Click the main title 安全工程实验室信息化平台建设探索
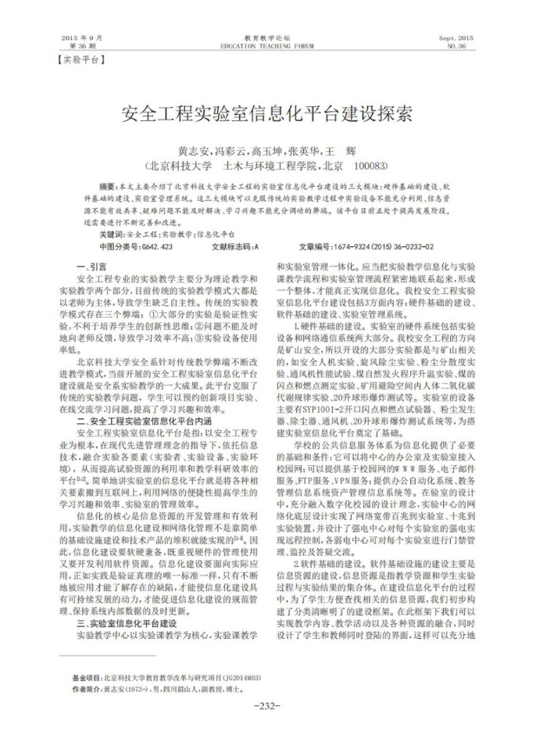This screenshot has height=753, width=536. (267, 114)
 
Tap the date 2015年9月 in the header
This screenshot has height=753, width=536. (82, 38)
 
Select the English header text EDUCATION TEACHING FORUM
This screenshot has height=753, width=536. (267, 46)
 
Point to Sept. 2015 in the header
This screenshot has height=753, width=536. (456, 38)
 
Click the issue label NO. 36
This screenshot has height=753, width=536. (456, 46)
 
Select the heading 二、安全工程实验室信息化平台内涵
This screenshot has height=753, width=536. (140, 421)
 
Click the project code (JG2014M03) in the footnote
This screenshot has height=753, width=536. (241, 678)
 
